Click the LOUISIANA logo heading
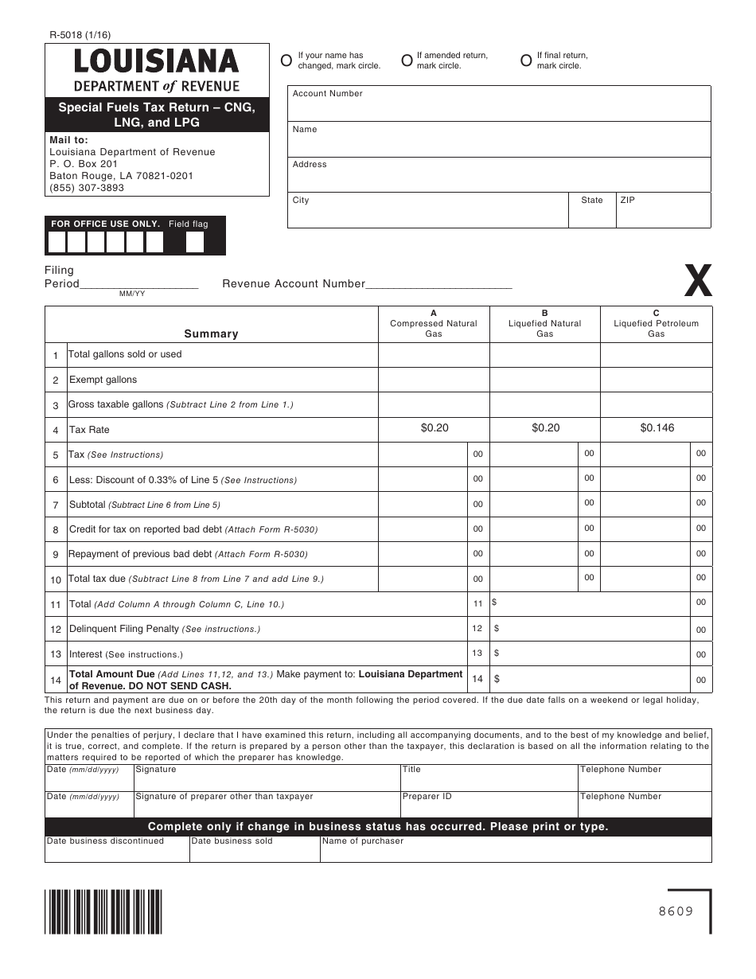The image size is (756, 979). (x=157, y=62)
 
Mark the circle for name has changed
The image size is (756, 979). (x=286, y=60)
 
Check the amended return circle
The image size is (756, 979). (x=407, y=60)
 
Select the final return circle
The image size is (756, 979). (x=526, y=60)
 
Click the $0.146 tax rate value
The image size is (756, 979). (x=657, y=428)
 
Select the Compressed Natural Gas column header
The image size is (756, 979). (x=434, y=324)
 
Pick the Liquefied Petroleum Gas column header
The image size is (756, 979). (x=656, y=324)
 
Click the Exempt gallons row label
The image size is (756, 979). (x=103, y=380)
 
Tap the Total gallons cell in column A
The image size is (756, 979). (x=434, y=355)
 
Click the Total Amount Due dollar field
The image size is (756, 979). (x=589, y=680)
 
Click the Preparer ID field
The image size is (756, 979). (x=489, y=802)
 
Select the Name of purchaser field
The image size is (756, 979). (x=516, y=850)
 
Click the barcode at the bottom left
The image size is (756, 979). (x=103, y=911)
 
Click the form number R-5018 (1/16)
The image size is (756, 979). (x=80, y=34)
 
